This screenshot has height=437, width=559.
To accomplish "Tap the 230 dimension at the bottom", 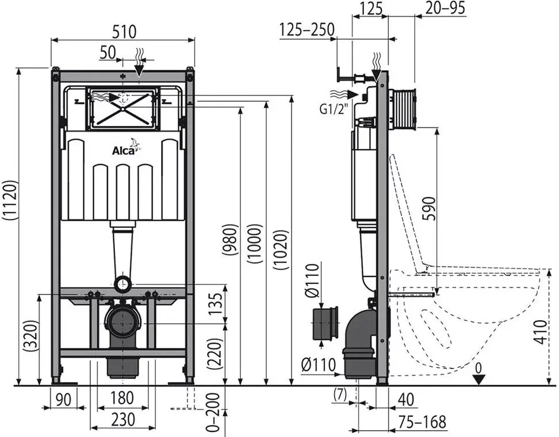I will (122, 420).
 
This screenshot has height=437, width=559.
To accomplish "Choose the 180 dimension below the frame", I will (122, 397).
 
